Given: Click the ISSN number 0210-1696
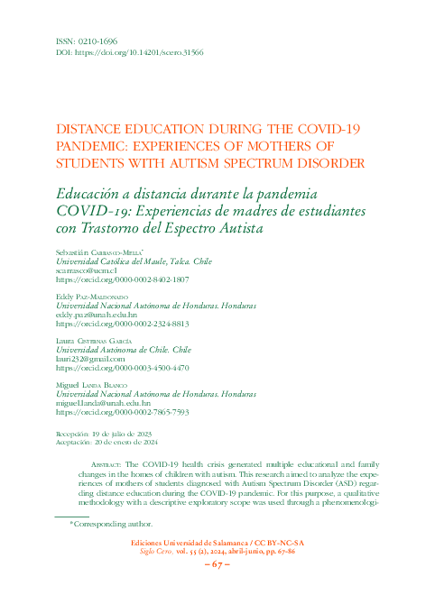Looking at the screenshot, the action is (x=91, y=41).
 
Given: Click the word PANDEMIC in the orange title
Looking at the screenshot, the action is (x=92, y=145).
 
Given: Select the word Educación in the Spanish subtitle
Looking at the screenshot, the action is (x=91, y=195).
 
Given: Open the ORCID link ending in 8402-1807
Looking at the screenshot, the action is (x=123, y=280).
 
